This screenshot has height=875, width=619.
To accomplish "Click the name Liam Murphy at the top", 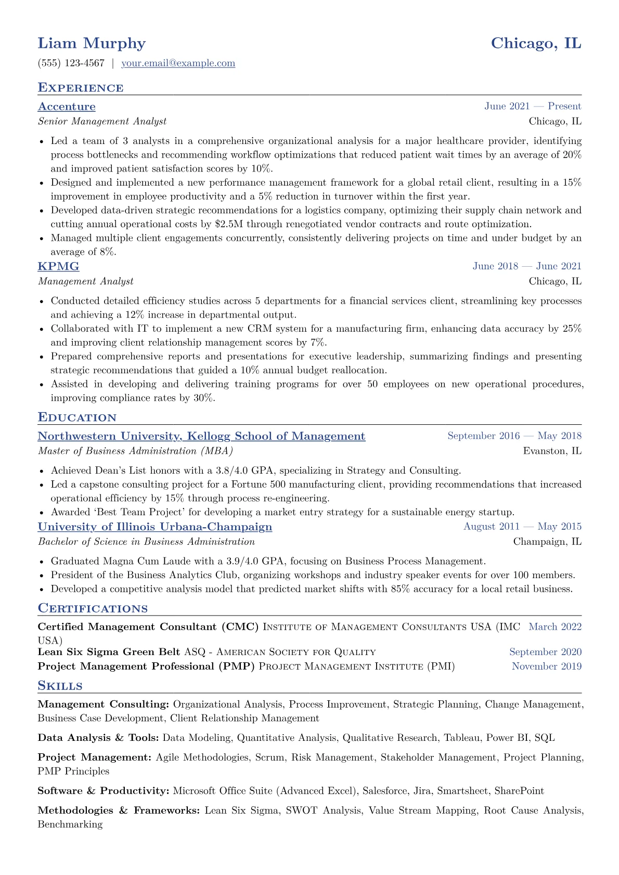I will tap(92, 43).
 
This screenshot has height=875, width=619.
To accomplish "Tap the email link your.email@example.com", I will tap(178, 63).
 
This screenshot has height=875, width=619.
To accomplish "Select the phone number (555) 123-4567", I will tap(71, 63).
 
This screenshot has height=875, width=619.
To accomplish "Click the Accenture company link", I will tap(67, 107).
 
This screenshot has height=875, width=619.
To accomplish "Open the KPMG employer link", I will tap(58, 266).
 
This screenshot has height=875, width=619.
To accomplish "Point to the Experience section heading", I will tap(81, 88).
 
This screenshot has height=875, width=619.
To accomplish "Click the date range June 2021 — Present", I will tap(533, 107).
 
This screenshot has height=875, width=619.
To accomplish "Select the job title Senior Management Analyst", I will tap(102, 122).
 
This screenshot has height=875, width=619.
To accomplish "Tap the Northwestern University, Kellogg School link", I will tap(201, 436).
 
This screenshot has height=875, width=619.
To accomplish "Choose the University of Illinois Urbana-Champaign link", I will tap(155, 527).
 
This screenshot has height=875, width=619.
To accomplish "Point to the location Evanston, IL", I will tap(552, 451).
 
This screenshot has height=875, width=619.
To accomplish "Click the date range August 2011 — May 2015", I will tap(522, 527).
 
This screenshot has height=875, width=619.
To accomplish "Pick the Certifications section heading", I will tap(93, 608).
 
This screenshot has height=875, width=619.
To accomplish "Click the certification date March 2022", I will tap(555, 627).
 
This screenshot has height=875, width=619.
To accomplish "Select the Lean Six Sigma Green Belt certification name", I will tap(109, 652).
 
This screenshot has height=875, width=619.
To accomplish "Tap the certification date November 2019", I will tap(547, 667).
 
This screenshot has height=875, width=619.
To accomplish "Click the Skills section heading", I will tap(60, 686).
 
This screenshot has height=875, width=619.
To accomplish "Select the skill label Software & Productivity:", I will tap(104, 791).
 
